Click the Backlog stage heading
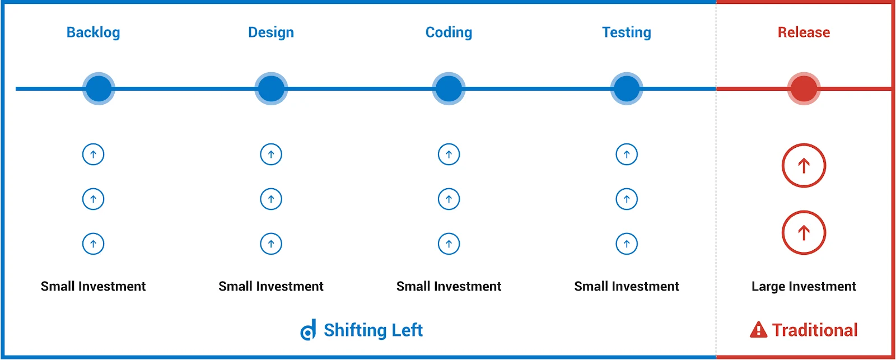[93, 32]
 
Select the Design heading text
[271, 32]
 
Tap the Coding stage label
[449, 32]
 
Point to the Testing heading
[627, 32]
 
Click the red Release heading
[804, 32]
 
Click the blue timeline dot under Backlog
[99, 88]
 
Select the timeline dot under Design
[271, 88]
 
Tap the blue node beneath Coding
[449, 88]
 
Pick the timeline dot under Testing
[627, 88]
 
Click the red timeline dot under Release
[804, 88]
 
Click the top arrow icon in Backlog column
[93, 154]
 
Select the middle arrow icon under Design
[271, 199]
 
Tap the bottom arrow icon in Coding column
[449, 244]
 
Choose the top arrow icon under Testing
[627, 154]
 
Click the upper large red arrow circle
[804, 166]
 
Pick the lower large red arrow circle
[804, 232]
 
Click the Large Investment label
[804, 287]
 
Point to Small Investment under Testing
[627, 287]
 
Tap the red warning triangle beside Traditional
[758, 330]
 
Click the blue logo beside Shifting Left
[309, 330]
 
